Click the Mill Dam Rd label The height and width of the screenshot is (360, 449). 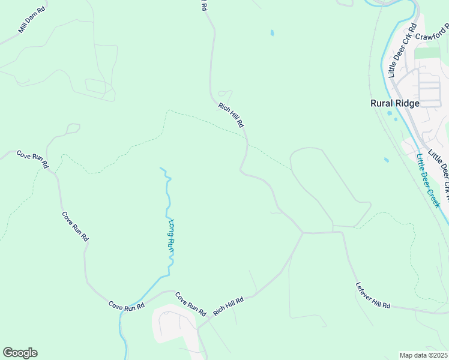click(x=32, y=20)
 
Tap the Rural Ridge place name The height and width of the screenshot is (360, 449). click(x=394, y=103)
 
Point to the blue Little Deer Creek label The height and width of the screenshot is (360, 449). click(x=429, y=181)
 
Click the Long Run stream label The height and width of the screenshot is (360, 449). click(x=171, y=235)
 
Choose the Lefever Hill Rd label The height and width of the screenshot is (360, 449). click(x=373, y=295)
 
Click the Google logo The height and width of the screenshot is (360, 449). click(x=20, y=352)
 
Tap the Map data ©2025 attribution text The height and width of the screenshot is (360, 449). click(x=423, y=355)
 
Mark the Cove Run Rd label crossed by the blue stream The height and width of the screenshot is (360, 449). click(x=127, y=306)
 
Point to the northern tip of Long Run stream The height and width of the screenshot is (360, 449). click(x=161, y=169)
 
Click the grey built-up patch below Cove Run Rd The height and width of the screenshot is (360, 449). click(x=174, y=327)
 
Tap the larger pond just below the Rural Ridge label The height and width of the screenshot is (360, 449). click(x=390, y=113)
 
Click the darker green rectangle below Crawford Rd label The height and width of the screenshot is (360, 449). click(x=427, y=53)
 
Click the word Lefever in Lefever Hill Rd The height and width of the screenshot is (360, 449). click(x=364, y=289)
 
